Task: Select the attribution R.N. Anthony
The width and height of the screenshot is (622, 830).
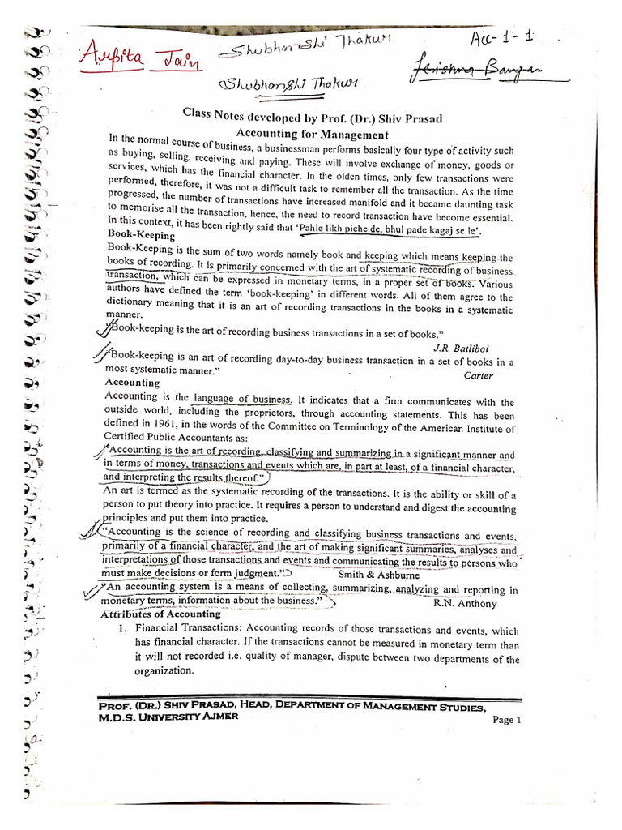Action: pos(465,603)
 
